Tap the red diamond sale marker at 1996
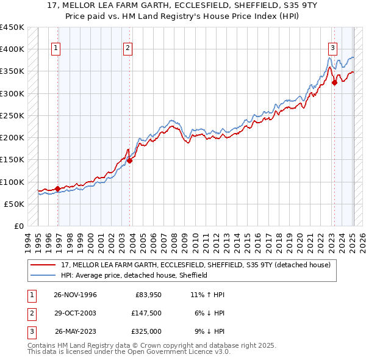coord(58,189)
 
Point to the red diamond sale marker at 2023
coord(334,83)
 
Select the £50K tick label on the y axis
coord(14,204)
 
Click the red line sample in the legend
coord(44,265)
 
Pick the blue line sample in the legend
coord(44,275)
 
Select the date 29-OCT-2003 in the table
coord(74,313)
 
